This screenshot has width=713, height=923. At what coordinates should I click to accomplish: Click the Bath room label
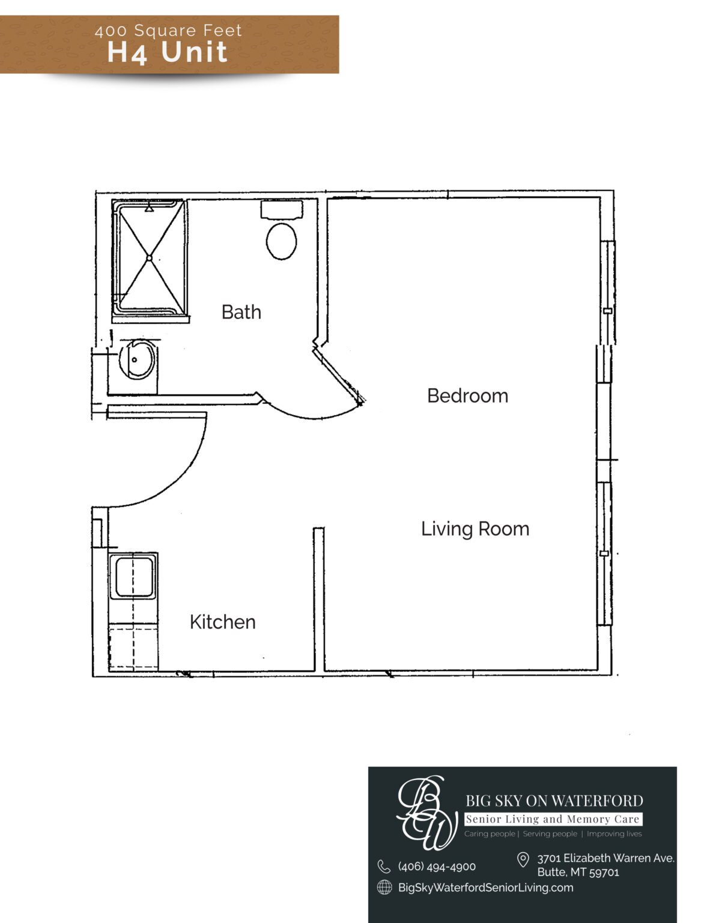241,312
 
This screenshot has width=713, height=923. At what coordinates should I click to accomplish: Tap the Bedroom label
468,396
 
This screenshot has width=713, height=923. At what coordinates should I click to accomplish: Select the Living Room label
475,529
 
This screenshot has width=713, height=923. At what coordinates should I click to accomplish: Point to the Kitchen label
223,623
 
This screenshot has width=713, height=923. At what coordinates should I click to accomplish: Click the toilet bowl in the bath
281,241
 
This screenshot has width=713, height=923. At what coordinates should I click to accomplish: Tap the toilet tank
282,209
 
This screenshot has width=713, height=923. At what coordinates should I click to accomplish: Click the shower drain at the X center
149,258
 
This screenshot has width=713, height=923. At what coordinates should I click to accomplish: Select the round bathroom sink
137,359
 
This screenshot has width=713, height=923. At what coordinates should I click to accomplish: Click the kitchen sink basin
135,577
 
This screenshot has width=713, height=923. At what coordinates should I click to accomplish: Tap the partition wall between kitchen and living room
319,599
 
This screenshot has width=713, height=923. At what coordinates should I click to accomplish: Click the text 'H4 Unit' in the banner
167,52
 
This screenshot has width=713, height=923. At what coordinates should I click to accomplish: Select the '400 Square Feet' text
168,31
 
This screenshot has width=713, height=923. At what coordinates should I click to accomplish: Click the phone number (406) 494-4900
437,867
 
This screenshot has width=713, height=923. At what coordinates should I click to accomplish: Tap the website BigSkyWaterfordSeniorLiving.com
485,888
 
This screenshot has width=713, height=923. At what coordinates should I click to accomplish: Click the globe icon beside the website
384,888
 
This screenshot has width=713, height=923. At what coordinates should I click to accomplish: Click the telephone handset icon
384,867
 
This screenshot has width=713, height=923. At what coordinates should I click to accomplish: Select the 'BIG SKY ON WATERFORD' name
554,801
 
